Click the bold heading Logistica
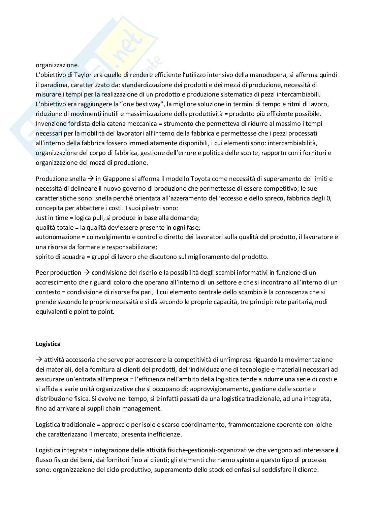pos(48,344)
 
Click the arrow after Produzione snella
pos(91,179)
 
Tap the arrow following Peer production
pos(87,272)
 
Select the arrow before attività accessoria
pos(39,359)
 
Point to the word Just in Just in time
pos(41,218)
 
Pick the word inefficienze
pos(164,434)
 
